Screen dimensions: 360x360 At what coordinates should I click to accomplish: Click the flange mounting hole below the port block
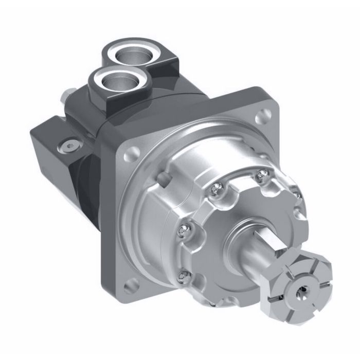pyautogui.click(x=132, y=152)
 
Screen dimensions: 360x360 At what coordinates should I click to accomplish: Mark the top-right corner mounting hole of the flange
pyautogui.click(x=266, y=117)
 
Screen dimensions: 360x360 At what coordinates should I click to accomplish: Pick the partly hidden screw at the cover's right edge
pyautogui.click(x=295, y=193)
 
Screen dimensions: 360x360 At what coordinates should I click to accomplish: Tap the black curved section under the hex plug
pyautogui.click(x=85, y=185)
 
